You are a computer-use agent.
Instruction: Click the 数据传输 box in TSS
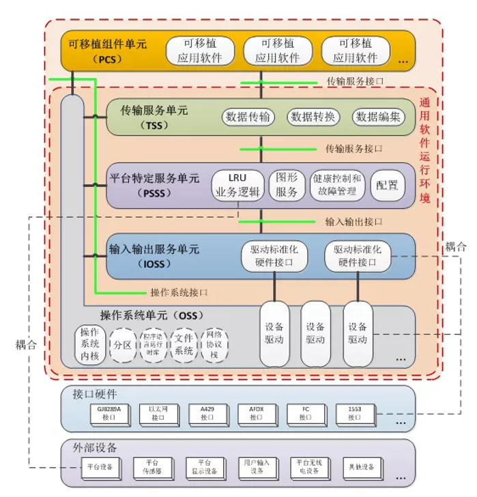(x=247, y=117)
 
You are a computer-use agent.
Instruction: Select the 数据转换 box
(x=313, y=117)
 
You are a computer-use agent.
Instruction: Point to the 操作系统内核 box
(x=90, y=344)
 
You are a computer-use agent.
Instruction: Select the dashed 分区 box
(x=124, y=344)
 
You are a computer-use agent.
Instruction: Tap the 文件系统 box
(x=184, y=344)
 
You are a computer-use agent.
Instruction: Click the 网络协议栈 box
(x=214, y=344)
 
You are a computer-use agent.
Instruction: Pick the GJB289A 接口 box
(x=110, y=412)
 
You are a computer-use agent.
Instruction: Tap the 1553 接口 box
(x=355, y=412)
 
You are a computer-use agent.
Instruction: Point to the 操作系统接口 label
(x=179, y=292)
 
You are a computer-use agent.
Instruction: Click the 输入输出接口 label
(x=353, y=222)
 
